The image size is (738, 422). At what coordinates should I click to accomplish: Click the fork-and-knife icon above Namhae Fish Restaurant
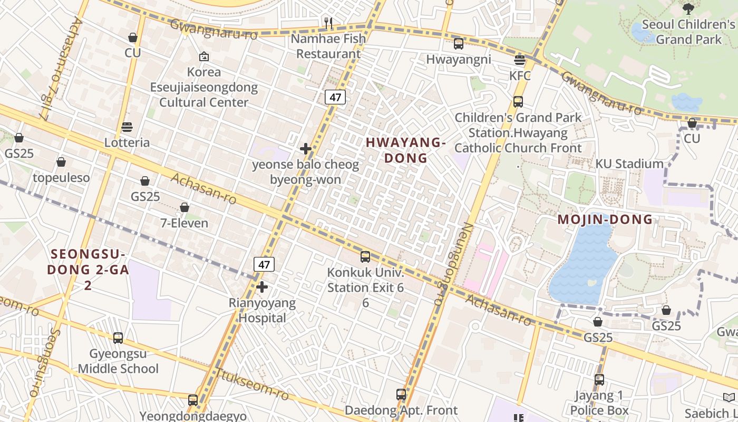pos(328,23)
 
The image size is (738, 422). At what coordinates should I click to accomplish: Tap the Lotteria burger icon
pos(127,127)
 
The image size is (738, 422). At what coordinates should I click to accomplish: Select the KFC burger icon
pos(520,60)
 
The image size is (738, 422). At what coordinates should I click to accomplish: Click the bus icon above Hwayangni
pos(459,44)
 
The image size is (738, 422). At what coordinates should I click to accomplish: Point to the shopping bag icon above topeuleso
pos(61,162)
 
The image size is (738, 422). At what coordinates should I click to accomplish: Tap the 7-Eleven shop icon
pos(184,207)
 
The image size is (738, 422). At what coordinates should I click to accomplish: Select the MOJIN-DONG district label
pos(605,219)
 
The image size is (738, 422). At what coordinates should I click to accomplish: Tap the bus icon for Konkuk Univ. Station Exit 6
pos(365,257)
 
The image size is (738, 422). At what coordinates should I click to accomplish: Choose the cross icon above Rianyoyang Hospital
pos(262,287)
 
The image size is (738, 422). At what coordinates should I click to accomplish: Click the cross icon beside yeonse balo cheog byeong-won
pos(305,149)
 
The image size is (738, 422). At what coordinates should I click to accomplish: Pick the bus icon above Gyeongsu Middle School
pos(118,338)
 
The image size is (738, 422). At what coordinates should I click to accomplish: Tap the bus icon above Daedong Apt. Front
pos(401,394)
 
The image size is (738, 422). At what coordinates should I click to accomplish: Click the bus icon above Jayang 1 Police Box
pos(599,379)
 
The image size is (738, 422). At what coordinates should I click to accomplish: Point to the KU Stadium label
pos(629,164)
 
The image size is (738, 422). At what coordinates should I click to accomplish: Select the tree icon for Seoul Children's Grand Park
pos(688,8)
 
